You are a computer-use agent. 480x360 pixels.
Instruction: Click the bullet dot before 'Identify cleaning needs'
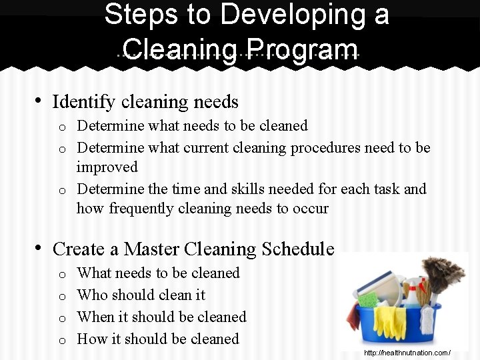[39, 101]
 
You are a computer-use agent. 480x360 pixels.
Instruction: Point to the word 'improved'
[107, 167]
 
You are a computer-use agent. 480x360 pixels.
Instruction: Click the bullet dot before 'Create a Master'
[39, 249]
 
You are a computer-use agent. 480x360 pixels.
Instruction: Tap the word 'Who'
[91, 295]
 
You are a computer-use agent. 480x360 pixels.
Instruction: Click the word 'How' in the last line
[91, 339]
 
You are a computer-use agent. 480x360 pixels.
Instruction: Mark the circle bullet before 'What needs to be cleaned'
[61, 274]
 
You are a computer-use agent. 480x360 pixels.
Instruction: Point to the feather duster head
[443, 273]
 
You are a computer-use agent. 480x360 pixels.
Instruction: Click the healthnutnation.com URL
[407, 353]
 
